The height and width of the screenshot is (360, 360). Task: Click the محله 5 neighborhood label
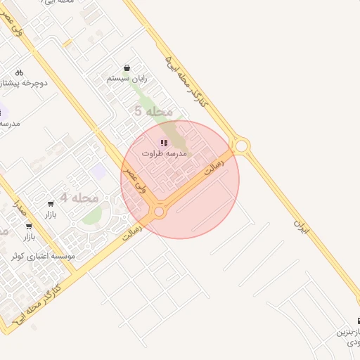pos(153,111)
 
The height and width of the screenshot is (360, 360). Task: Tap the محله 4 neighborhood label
pos(79,198)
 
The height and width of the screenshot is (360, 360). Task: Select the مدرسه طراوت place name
pos(164,153)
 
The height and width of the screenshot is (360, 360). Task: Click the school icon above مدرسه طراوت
pos(164,143)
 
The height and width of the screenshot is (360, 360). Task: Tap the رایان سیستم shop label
pos(127,79)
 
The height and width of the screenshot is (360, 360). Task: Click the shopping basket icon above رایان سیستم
pos(127,68)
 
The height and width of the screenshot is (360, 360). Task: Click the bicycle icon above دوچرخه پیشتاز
pos(19,72)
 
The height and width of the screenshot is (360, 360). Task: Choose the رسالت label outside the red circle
pos(131,229)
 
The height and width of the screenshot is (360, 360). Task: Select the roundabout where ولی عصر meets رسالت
pos(159,212)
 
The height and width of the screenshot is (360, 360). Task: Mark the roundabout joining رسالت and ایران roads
pos(242,146)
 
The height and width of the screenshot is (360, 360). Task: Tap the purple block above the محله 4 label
pos(99,171)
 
